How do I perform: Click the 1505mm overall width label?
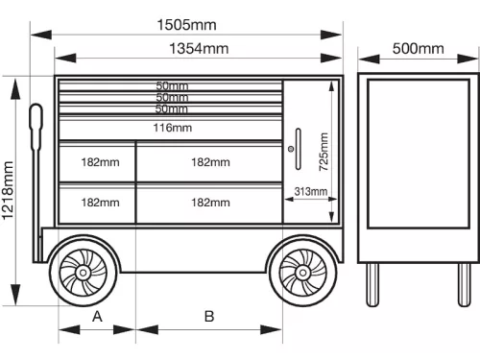tap(186, 25)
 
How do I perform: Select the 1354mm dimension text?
tap(199, 48)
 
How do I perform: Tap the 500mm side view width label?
tap(418, 48)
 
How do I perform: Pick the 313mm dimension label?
tap(311, 192)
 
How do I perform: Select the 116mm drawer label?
tap(173, 128)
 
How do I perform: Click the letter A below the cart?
tap(97, 316)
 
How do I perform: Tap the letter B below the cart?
tap(208, 316)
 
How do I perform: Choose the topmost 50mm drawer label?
tap(173, 86)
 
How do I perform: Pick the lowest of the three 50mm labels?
tap(173, 108)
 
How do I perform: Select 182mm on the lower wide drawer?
tap(210, 203)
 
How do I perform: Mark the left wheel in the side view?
tap(373, 283)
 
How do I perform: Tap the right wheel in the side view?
tap(463, 283)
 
